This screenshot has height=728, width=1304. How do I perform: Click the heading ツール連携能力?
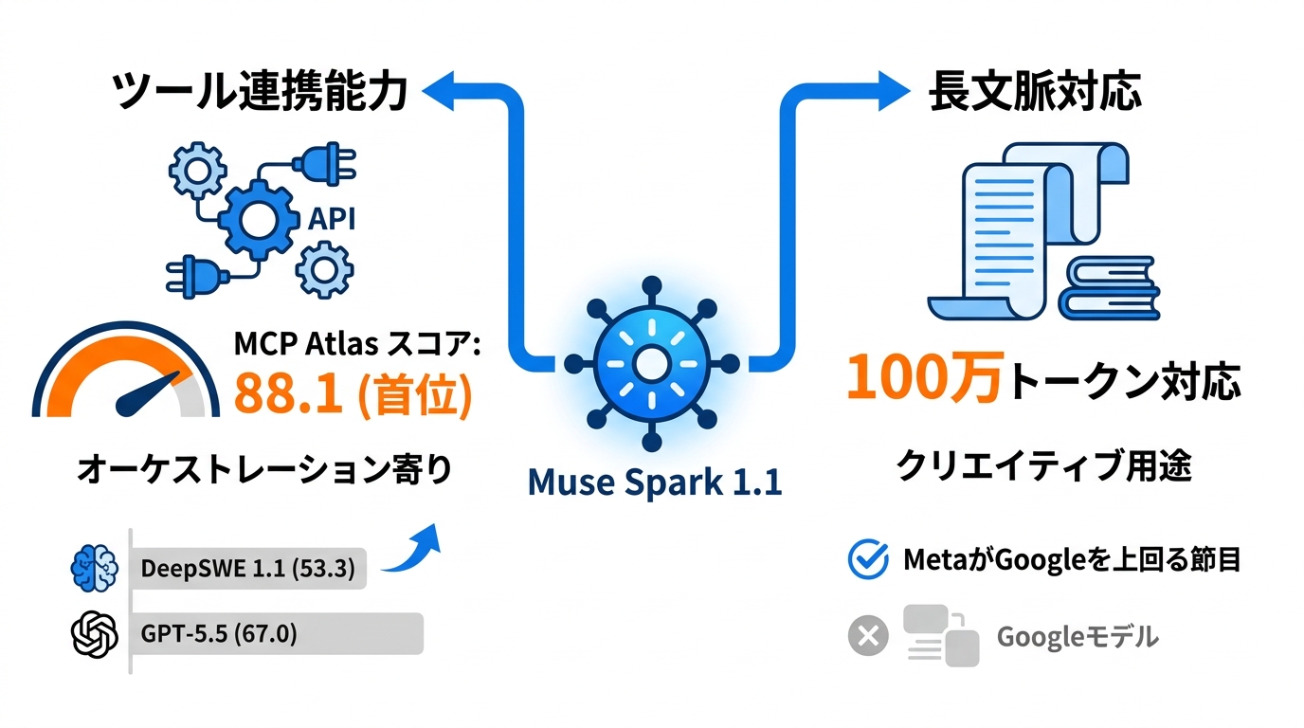click(260, 91)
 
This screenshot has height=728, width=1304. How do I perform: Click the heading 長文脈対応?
click(1035, 91)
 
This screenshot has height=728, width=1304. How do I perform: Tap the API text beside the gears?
click(332, 219)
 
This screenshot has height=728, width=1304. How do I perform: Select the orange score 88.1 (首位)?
click(353, 394)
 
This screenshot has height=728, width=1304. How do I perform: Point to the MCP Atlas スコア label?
click(357, 343)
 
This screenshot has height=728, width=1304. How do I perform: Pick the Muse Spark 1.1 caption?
click(654, 482)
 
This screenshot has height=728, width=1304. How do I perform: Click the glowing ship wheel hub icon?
click(651, 364)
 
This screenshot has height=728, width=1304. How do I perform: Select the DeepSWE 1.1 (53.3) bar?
click(249, 569)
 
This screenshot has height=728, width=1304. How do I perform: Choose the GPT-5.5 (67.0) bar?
click(278, 633)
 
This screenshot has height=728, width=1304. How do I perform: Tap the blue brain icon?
click(95, 569)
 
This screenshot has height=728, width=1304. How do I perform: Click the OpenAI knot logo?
click(95, 634)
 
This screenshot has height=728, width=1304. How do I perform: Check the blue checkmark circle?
click(868, 559)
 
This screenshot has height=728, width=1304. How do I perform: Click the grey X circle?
click(868, 635)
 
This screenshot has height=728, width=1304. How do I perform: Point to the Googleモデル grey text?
click(1078, 637)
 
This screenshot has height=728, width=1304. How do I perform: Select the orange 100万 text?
click(926, 377)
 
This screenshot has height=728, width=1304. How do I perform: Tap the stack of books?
click(1110, 288)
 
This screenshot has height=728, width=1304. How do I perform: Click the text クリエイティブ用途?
click(1043, 466)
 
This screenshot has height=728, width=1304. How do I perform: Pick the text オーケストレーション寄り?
click(265, 469)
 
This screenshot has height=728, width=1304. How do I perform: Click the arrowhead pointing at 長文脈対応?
click(894, 91)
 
